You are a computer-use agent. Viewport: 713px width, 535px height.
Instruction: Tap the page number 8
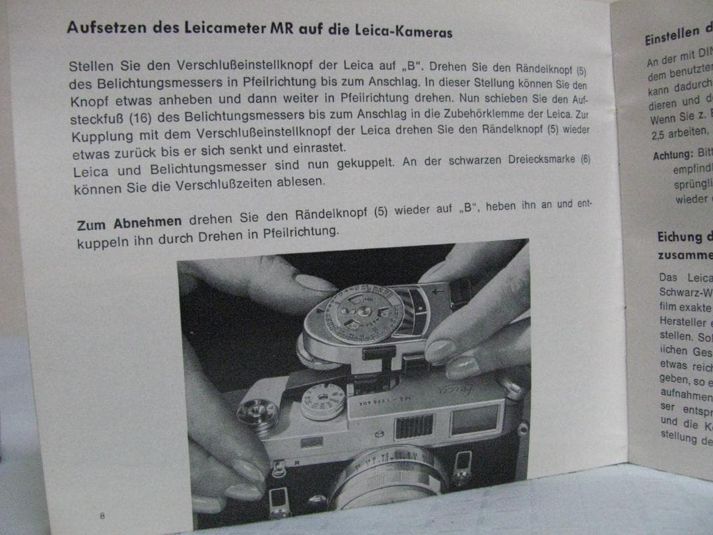(x=102, y=516)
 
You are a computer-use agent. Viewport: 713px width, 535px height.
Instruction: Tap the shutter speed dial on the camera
(x=322, y=401)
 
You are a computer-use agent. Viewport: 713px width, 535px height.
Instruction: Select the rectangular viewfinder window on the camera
(x=474, y=419)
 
